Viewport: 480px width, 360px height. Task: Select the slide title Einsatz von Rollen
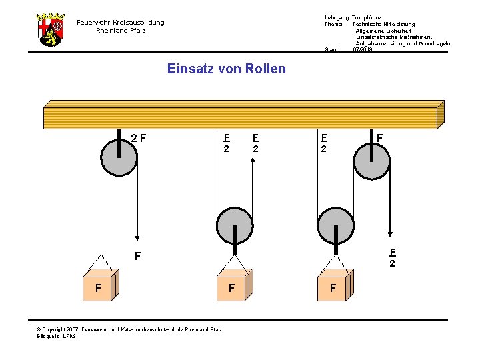pyautogui.click(x=226, y=69)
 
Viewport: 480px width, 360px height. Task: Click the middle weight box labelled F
pyautogui.click(x=233, y=287)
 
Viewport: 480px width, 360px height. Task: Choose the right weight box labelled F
pyautogui.click(x=333, y=287)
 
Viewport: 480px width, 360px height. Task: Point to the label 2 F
pyautogui.click(x=139, y=139)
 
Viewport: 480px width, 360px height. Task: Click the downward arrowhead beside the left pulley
pyautogui.click(x=137, y=237)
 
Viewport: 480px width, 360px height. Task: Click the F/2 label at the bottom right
pyautogui.click(x=393, y=258)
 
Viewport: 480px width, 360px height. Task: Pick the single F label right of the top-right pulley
pyautogui.click(x=379, y=139)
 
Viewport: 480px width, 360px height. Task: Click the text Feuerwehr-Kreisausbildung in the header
pyautogui.click(x=120, y=23)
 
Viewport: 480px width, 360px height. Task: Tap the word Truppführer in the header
pyautogui.click(x=367, y=17)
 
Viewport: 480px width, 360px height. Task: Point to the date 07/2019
pyautogui.click(x=363, y=49)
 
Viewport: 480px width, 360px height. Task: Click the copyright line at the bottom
pyautogui.click(x=130, y=329)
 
